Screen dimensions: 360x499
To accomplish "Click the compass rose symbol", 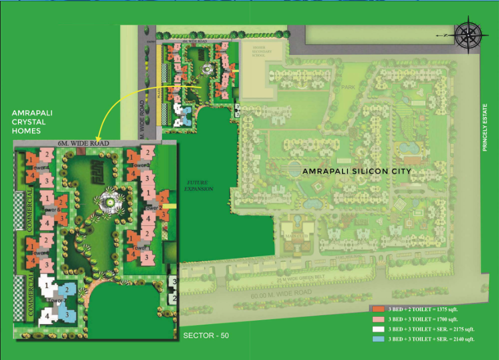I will point(468,34).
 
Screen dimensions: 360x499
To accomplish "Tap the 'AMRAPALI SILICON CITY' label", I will point(357,171).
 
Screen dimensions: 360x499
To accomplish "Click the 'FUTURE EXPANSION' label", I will point(200,186).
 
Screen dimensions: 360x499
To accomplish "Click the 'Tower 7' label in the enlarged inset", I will point(57,301).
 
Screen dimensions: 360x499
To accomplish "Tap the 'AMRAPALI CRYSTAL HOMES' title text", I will point(29,122).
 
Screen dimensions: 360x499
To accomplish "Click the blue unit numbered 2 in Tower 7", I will point(67,289).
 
